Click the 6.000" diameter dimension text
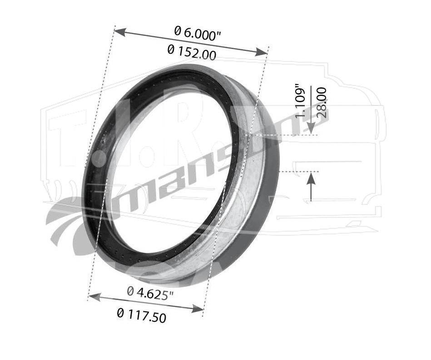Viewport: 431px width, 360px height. click(198, 33)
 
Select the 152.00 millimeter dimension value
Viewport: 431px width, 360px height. click(192, 53)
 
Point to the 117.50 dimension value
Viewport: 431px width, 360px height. click(142, 315)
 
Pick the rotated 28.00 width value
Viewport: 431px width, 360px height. click(322, 103)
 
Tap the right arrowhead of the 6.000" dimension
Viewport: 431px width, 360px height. click(261, 52)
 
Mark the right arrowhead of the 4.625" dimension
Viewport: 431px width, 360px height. click(198, 309)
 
